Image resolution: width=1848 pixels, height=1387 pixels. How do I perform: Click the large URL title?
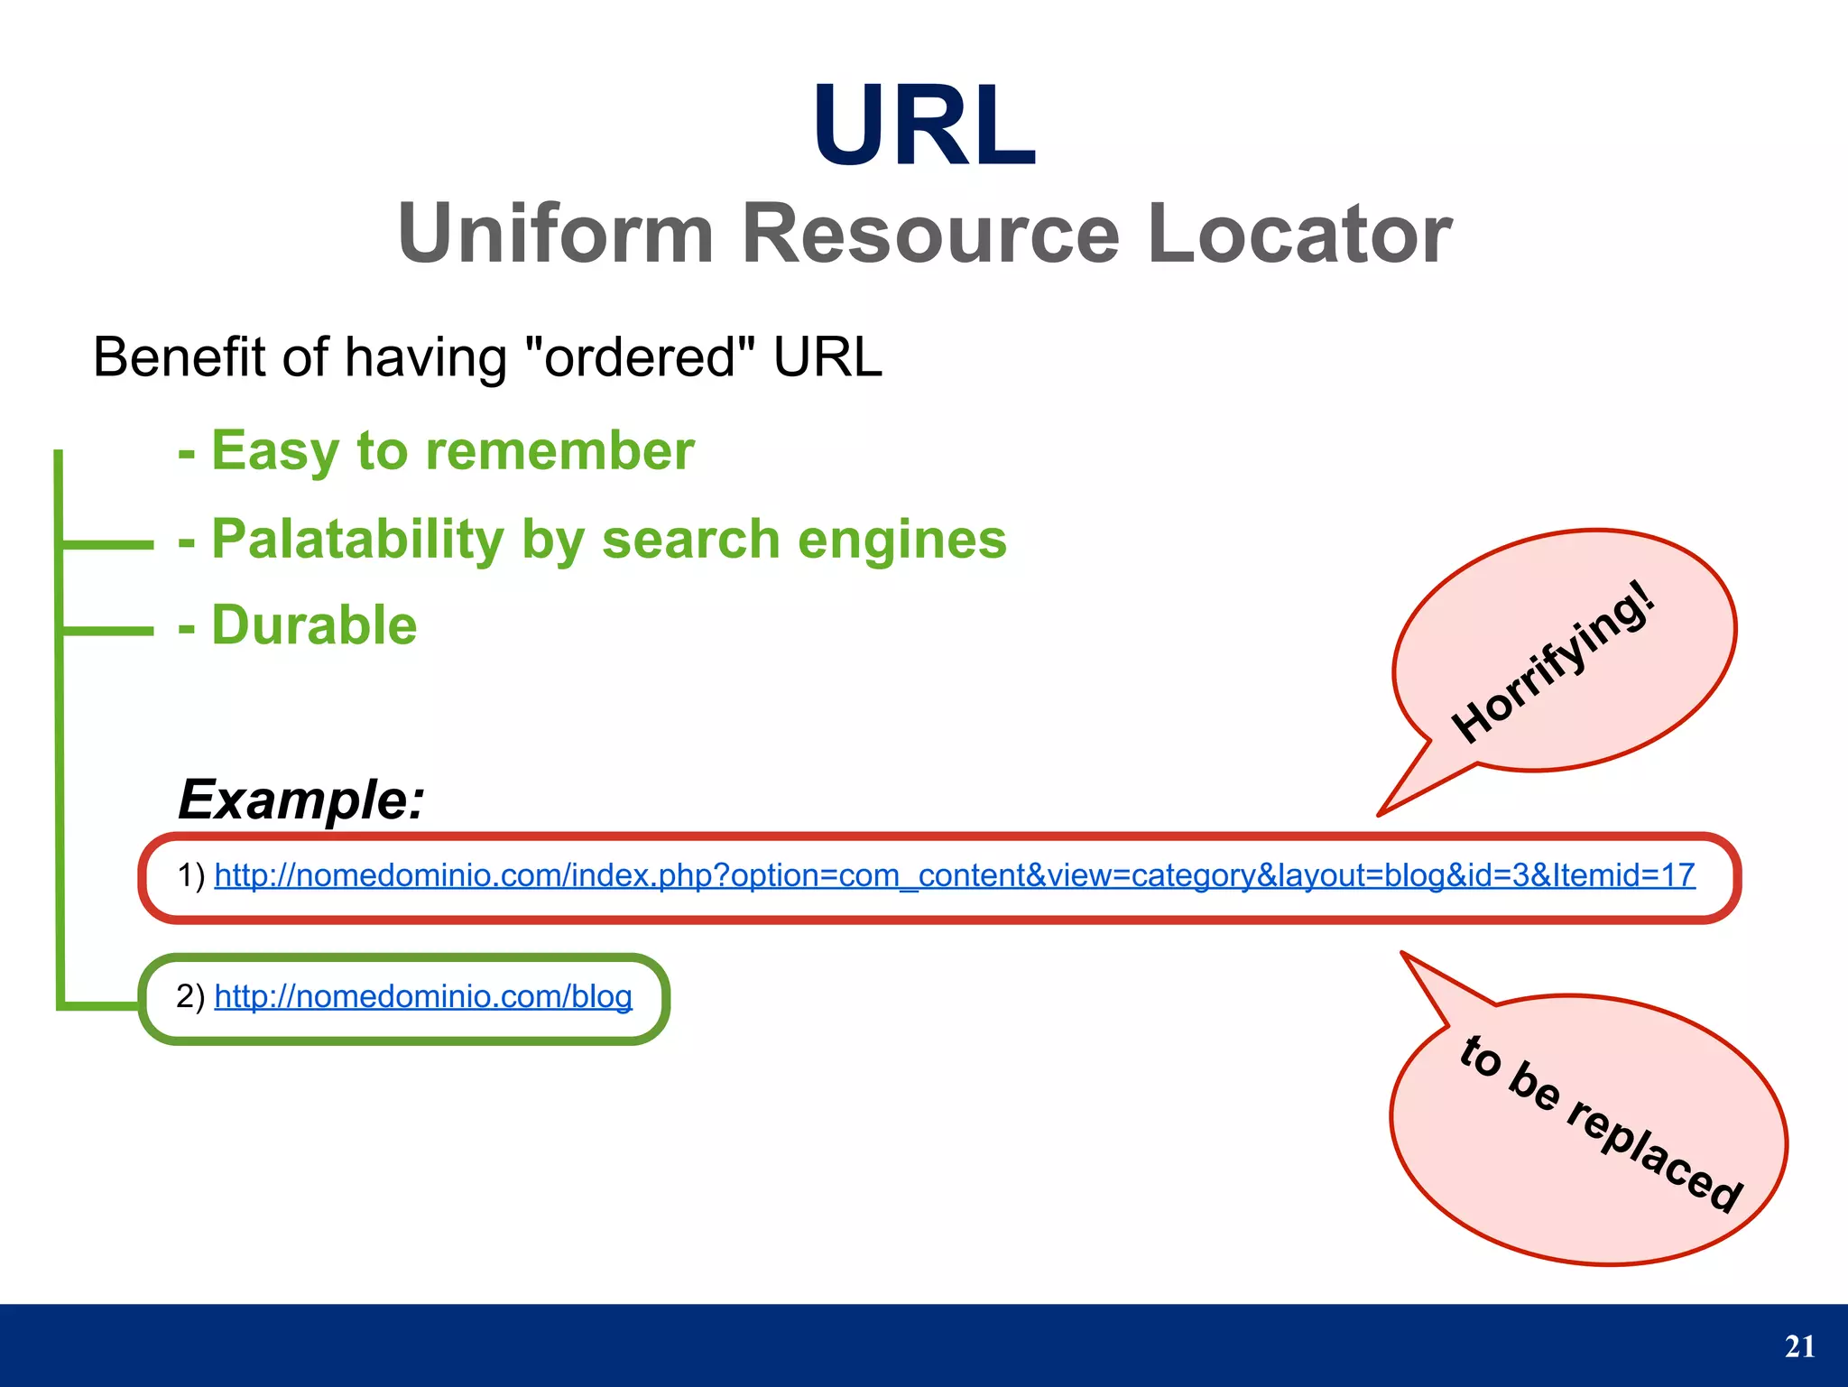coord(923,125)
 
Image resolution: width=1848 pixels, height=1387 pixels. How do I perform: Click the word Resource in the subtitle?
coord(930,234)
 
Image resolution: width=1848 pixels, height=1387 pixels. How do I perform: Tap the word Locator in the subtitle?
coord(1299,234)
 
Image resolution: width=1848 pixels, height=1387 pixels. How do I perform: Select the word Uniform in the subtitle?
coord(556,234)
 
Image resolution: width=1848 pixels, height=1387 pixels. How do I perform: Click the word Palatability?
coord(357,540)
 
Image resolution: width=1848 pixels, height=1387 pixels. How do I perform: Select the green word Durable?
coord(314,625)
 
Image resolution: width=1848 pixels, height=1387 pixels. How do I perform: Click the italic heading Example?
coord(301,800)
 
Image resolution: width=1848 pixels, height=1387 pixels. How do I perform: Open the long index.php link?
coord(954,875)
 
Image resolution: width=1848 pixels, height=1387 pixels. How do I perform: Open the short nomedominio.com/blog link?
coord(423,996)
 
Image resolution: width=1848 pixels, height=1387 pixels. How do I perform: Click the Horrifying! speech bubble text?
coord(1553,663)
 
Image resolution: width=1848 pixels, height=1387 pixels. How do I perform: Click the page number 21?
coord(1799,1346)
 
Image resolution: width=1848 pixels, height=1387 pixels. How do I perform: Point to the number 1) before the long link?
coord(191,875)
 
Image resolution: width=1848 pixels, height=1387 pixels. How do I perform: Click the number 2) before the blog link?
coord(191,996)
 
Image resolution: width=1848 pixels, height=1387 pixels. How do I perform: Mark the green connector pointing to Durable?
coord(106,631)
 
